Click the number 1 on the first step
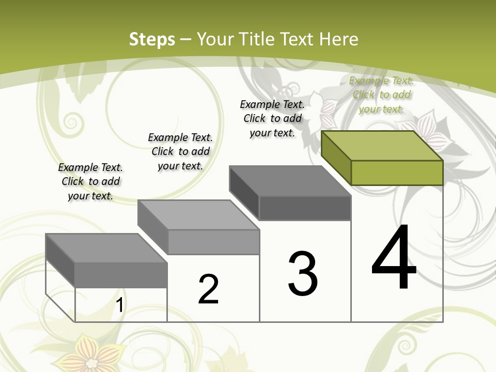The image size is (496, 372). pos(120,305)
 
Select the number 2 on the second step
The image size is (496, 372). pos(208,289)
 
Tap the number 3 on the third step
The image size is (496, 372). pos(303,274)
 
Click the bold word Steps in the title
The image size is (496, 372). pos(152,39)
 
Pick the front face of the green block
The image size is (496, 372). pos(397,173)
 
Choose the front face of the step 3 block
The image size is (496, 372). pos(305,208)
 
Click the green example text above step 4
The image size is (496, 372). pos(381,95)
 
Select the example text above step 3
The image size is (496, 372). pos(272,118)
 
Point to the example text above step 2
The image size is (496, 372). pos(180,151)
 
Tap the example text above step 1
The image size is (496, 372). pos(90,181)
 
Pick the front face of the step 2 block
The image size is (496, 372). pos(213,242)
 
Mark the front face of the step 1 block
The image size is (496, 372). pos(121,275)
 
